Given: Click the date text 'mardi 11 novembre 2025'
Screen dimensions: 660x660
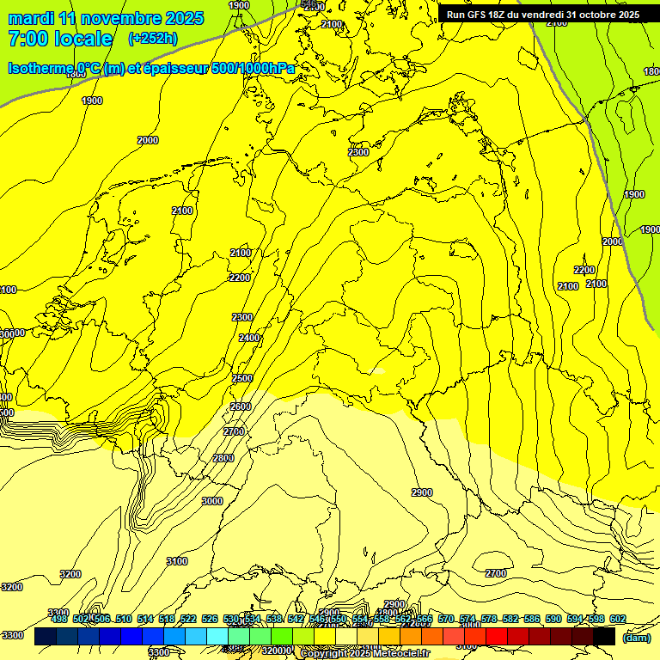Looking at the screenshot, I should pyautogui.click(x=106, y=18).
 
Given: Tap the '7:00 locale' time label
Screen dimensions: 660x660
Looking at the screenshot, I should pyautogui.click(x=60, y=39).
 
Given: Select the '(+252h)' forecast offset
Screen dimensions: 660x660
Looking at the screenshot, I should pyautogui.click(x=152, y=39).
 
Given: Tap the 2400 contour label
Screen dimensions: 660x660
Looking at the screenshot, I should pyautogui.click(x=249, y=339).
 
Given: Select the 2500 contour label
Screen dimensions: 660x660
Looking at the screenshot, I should pyautogui.click(x=242, y=378).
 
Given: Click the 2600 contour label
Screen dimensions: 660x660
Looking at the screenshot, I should pyautogui.click(x=241, y=406).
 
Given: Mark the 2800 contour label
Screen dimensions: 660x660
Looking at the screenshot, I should pyautogui.click(x=223, y=458).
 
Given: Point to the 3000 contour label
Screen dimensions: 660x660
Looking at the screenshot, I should pyautogui.click(x=212, y=501).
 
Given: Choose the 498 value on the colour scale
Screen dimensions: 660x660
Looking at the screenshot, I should pyautogui.click(x=59, y=619).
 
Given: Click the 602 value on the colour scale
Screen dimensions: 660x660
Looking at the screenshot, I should pyautogui.click(x=618, y=619).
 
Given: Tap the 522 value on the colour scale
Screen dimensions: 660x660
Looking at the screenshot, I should pyautogui.click(x=189, y=619).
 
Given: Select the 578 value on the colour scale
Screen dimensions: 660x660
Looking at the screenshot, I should pyautogui.click(x=489, y=619).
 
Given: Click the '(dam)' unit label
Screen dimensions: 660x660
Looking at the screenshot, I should pyautogui.click(x=637, y=638).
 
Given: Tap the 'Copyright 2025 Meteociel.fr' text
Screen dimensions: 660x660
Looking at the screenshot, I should pyautogui.click(x=364, y=654).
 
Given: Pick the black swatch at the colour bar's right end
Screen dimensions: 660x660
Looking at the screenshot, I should pyautogui.click(x=604, y=637).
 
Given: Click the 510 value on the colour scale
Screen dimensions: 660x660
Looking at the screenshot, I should pyautogui.click(x=124, y=619).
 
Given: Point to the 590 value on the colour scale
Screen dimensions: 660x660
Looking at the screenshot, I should pyautogui.click(x=553, y=619).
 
